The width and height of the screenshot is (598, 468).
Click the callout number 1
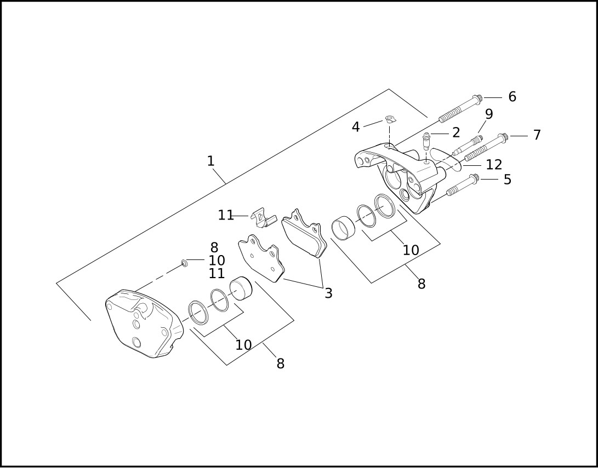[210, 161]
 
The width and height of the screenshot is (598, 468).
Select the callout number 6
[512, 97]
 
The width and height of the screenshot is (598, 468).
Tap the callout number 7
[537, 135]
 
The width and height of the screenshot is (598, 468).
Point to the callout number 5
[507, 180]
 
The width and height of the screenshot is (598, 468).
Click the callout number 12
[493, 165]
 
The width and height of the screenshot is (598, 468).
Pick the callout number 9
[488, 114]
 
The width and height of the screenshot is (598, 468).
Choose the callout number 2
[455, 132]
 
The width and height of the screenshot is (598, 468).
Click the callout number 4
[356, 128]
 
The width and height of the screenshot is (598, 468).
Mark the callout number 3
[328, 293]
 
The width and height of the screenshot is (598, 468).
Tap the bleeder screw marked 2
[426, 141]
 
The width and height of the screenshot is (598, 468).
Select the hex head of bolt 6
[477, 99]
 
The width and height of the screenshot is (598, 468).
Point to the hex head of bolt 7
[503, 137]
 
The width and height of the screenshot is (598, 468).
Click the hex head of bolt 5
[474, 178]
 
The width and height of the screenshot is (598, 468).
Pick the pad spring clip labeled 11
[262, 217]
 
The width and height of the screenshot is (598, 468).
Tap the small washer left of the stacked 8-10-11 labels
[185, 264]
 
